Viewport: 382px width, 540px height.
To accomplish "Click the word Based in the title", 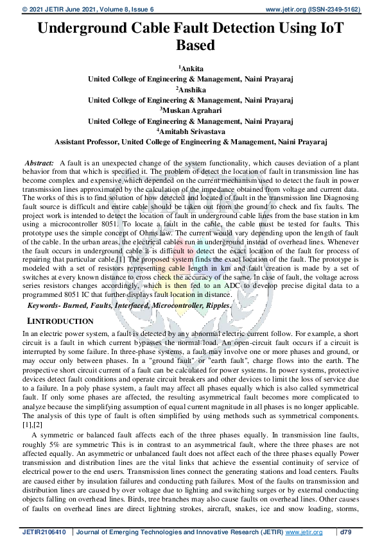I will [191, 46].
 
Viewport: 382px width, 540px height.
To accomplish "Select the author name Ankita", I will [191, 68].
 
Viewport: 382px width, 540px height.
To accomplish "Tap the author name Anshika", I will [191, 89].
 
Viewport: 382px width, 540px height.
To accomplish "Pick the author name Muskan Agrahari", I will [191, 110].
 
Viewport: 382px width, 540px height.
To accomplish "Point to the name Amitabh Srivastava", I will [191, 131].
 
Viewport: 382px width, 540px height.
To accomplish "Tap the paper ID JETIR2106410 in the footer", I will [46, 531].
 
